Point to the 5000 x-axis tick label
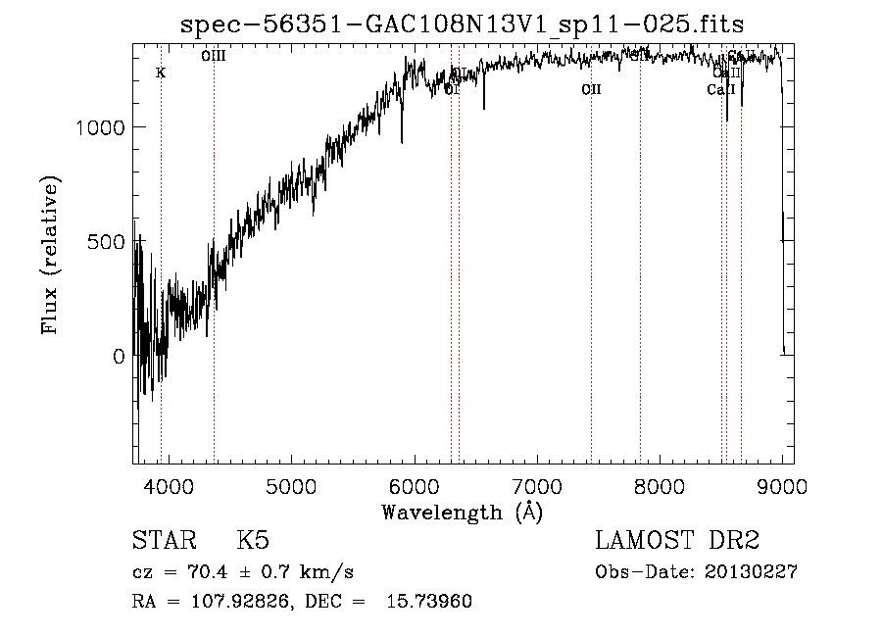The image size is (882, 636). coord(291,488)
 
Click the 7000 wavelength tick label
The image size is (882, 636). coord(537,488)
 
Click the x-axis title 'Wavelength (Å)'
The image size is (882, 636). coord(462,512)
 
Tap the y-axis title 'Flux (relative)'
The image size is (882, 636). coord(51,255)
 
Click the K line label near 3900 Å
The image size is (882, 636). coord(161,73)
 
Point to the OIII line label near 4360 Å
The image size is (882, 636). coord(214,57)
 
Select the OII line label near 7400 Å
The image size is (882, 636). coord(591,90)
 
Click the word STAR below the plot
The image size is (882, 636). coord(163,542)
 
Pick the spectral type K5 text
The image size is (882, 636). coord(252,542)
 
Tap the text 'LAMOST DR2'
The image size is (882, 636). coord(677,542)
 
